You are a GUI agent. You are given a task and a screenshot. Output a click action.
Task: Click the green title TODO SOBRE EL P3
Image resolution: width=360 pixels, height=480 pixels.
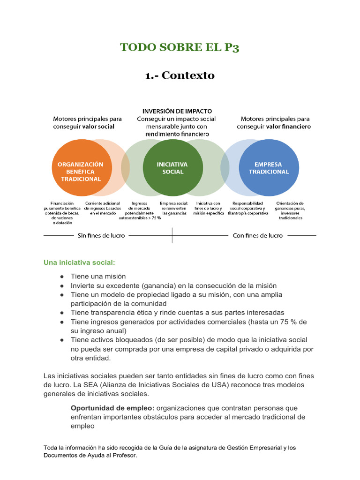[180, 47]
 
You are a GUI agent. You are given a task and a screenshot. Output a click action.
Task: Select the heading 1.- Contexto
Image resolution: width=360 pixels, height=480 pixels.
[180, 75]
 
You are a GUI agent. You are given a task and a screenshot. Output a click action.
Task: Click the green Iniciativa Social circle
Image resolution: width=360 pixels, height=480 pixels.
[172, 168]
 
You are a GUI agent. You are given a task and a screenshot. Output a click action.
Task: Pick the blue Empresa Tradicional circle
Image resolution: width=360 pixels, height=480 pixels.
[269, 168]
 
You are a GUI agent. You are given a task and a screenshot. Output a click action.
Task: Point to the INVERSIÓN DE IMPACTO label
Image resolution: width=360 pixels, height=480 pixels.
[173, 111]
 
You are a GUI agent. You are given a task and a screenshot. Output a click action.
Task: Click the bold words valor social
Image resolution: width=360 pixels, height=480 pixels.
[98, 127]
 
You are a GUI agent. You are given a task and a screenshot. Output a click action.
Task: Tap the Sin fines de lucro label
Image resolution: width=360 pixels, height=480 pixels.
[101, 235]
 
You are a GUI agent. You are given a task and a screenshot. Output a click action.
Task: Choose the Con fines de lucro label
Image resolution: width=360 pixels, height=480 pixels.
[257, 235]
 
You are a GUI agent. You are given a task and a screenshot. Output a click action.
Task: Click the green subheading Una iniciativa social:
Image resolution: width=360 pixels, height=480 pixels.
[79, 262]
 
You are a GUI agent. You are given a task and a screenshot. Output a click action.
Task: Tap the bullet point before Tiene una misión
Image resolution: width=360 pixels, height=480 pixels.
[62, 277]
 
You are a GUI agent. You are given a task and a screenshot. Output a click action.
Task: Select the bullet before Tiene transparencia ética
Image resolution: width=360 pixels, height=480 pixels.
[62, 313]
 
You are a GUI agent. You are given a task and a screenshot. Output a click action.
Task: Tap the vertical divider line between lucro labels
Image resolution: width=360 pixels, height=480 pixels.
[172, 235]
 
